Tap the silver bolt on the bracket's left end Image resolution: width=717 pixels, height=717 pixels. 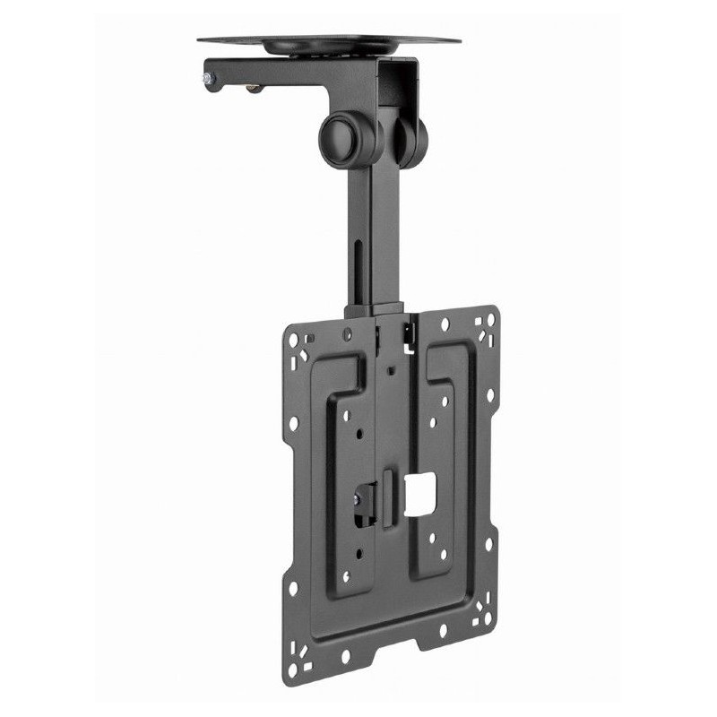click(207, 80)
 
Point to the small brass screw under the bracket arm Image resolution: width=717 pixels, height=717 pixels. click(255, 88)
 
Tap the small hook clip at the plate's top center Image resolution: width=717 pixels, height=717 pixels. click(410, 333)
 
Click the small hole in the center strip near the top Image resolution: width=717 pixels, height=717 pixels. click(391, 368)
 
